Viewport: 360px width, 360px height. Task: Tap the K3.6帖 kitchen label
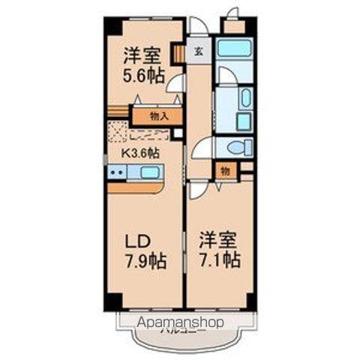tap(141, 152)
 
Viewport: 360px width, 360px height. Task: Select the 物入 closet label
tap(158, 116)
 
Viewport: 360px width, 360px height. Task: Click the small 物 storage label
tap(225, 171)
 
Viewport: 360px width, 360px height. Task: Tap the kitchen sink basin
tap(149, 172)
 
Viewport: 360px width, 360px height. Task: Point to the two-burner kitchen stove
tap(116, 172)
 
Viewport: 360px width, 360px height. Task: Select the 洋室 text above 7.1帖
tap(219, 241)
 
